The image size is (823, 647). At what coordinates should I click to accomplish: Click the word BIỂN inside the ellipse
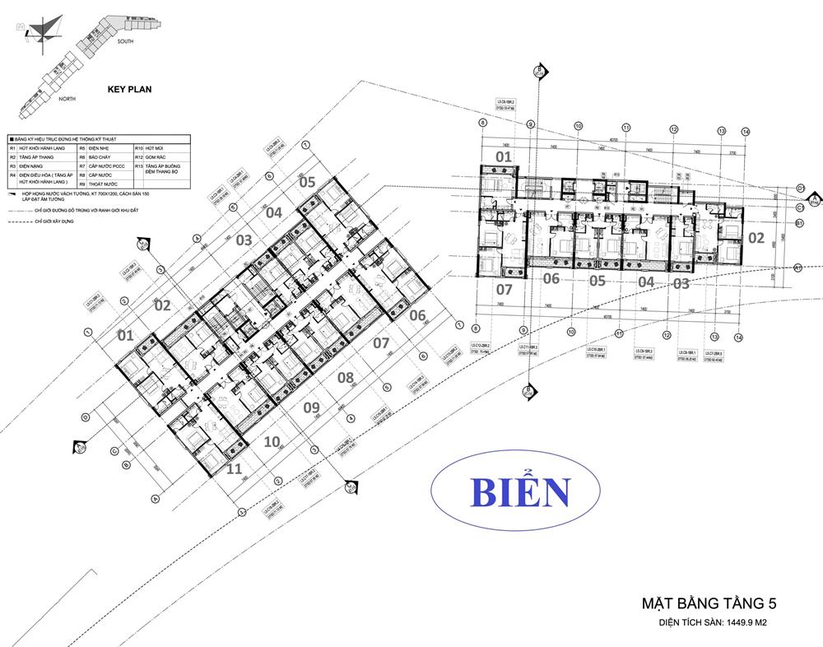(520, 492)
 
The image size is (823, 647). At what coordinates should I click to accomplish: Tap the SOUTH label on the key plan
(126, 40)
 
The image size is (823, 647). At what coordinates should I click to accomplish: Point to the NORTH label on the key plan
(67, 99)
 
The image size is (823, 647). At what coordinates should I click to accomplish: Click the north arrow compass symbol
(41, 29)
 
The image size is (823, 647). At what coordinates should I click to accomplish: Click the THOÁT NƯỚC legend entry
(103, 184)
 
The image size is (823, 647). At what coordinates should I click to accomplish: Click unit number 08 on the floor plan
(346, 378)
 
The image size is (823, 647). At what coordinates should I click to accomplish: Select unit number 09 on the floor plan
(312, 407)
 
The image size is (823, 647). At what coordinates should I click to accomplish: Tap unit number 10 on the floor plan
(272, 441)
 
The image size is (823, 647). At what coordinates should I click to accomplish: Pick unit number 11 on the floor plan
(234, 470)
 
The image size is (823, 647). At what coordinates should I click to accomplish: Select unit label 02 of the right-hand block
(755, 240)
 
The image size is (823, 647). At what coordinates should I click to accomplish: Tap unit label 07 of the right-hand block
(504, 289)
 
